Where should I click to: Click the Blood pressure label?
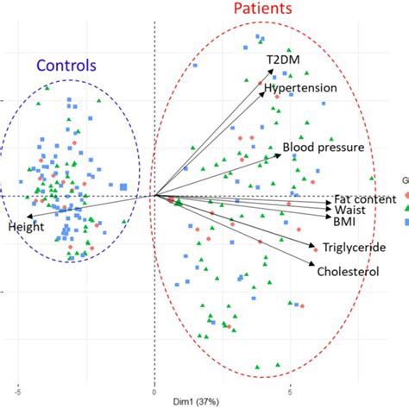click(x=323, y=148)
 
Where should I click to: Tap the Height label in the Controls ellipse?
click(x=26, y=228)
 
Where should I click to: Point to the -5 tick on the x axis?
click(x=16, y=390)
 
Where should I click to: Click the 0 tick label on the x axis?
click(x=154, y=390)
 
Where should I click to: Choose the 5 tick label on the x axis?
click(x=291, y=390)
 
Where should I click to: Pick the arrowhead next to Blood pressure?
click(x=280, y=147)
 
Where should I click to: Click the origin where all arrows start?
click(x=154, y=195)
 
